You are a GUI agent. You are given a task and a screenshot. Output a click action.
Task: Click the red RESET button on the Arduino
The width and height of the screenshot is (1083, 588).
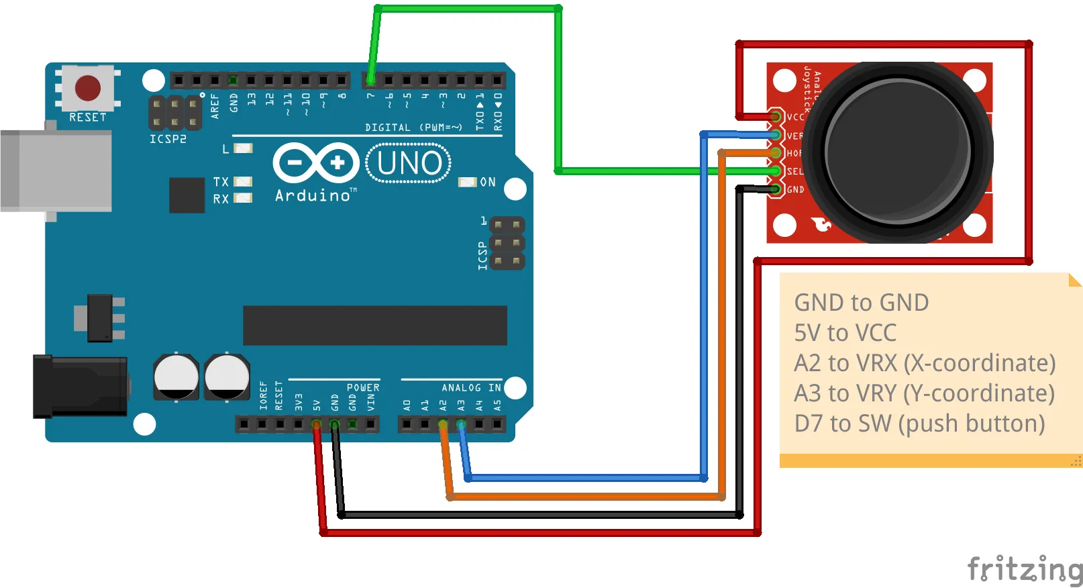[88, 88]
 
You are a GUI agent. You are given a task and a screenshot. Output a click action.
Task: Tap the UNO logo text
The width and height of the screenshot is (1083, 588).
[409, 163]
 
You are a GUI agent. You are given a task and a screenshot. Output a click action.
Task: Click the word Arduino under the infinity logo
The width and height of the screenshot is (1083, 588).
[313, 195]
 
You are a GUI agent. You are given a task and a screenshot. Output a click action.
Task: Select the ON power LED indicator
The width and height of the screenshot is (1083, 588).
[467, 182]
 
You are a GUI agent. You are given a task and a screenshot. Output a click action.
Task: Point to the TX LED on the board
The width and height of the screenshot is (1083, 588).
[242, 181]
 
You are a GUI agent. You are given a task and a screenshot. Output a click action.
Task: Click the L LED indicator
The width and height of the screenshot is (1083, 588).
[242, 148]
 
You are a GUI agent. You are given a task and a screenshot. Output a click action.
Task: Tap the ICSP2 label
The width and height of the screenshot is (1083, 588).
[168, 139]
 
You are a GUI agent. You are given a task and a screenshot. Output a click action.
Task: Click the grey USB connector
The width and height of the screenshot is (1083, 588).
[56, 171]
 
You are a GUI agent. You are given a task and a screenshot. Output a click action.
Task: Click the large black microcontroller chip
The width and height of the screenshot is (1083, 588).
[374, 326]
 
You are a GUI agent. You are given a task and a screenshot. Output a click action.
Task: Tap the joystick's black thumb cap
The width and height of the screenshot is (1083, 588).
[898, 152]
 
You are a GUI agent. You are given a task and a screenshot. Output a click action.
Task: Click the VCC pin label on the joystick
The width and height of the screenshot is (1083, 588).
[795, 117]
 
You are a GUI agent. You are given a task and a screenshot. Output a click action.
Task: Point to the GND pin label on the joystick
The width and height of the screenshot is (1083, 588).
[795, 190]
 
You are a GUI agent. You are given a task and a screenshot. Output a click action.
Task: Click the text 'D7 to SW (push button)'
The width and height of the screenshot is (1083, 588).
[919, 424]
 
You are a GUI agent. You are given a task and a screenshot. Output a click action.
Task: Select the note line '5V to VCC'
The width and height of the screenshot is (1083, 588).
[845, 333]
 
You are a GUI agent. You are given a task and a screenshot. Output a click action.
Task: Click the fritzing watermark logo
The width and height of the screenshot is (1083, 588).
[1024, 570]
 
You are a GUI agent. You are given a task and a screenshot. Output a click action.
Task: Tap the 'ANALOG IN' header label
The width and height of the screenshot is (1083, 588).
[471, 388]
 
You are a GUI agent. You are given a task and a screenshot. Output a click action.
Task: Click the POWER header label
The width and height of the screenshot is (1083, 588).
[363, 388]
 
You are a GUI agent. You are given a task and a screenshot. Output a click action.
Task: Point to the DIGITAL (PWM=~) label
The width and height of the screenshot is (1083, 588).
[413, 128]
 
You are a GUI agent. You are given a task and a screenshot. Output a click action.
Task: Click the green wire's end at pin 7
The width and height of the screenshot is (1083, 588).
[370, 81]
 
